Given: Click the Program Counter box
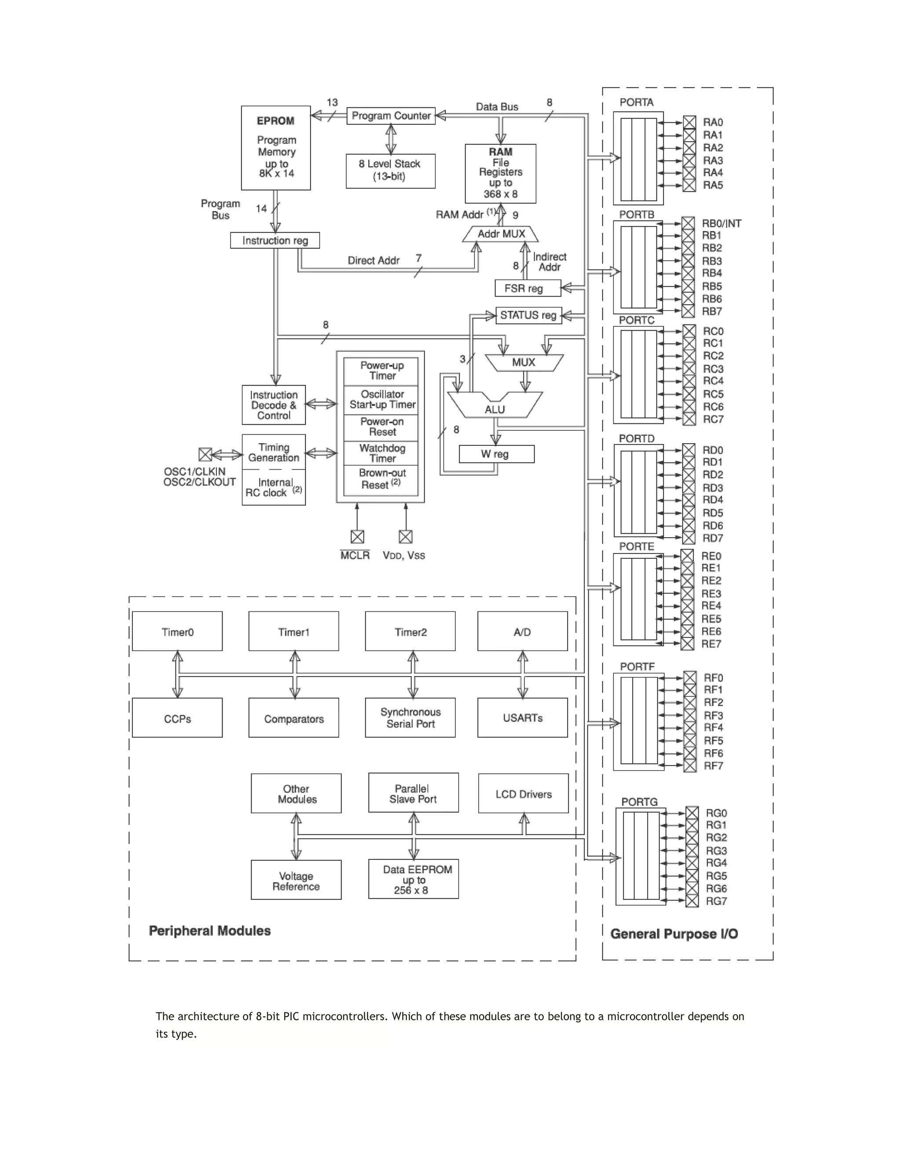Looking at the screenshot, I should pyautogui.click(x=391, y=116).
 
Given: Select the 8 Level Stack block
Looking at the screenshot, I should pyautogui.click(x=390, y=171).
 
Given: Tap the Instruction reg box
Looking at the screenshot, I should pyautogui.click(x=275, y=240).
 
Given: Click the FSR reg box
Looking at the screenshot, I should pyautogui.click(x=527, y=288).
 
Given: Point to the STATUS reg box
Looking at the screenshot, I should pyautogui.click(x=527, y=315).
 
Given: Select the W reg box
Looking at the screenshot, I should pyautogui.click(x=496, y=454).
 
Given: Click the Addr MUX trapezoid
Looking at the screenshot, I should pyautogui.click(x=501, y=233).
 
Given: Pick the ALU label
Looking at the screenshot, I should pyautogui.click(x=495, y=409).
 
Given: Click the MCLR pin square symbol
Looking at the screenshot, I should pyautogui.click(x=357, y=537).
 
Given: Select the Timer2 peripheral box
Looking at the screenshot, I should pyautogui.click(x=410, y=632).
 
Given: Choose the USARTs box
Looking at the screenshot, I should pyautogui.click(x=522, y=718).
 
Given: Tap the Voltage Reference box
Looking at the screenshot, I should pyautogui.click(x=296, y=881).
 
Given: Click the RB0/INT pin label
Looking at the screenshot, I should pyautogui.click(x=721, y=223).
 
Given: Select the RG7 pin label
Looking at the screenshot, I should pyautogui.click(x=716, y=901).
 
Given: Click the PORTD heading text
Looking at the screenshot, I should pyautogui.click(x=636, y=438).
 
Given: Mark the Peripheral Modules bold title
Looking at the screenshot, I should pyautogui.click(x=209, y=931).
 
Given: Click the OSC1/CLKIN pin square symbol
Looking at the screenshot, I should pyautogui.click(x=205, y=455).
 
